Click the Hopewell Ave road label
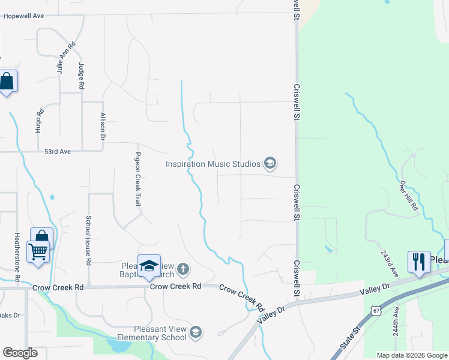[24, 16]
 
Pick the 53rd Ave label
[58, 152]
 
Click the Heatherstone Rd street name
[17, 257]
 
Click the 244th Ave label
[397, 321]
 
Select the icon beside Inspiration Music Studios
[270, 163]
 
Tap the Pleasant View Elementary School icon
[195, 332]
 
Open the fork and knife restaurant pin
[419, 262]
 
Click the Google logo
[20, 353]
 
